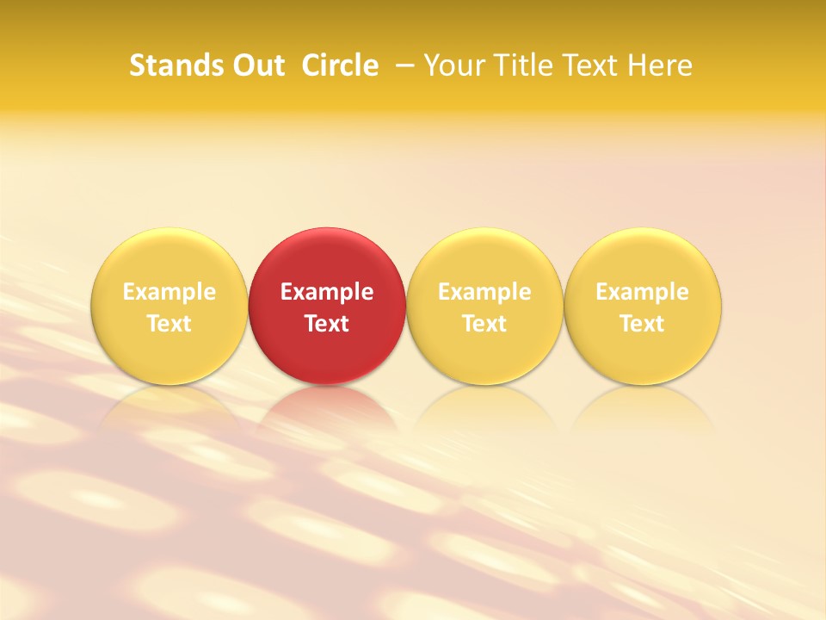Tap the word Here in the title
(x=660, y=65)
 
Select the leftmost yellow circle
(x=169, y=258)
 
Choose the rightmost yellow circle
(x=643, y=258)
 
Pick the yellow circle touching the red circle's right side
(x=484, y=258)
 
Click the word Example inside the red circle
(x=327, y=292)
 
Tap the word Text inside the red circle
(x=327, y=324)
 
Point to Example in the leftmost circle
(x=170, y=292)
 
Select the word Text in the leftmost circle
(x=170, y=324)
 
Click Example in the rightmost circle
(x=643, y=292)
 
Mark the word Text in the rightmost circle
(x=643, y=324)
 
